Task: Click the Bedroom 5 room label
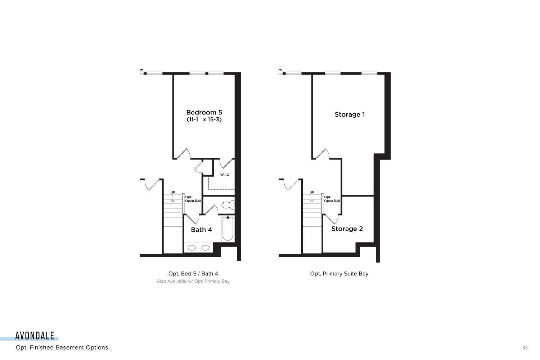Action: pos(204,112)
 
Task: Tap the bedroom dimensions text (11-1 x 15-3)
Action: pos(204,120)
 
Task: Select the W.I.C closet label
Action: pos(224,175)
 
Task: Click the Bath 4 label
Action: pos(201,230)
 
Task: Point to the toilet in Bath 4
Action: pos(228,205)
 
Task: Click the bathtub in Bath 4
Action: pos(228,228)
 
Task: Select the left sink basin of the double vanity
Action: pos(192,248)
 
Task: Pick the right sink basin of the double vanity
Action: pos(206,248)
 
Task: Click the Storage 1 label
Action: pos(350,114)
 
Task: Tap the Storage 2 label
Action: pos(347,229)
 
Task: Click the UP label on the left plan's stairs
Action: pos(173,192)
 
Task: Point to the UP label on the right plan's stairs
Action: pos(312,192)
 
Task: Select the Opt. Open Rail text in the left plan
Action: pos(193,199)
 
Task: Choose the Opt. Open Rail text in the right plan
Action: pos(332,199)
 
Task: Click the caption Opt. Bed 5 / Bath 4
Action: pos(193,274)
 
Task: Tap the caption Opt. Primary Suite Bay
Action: pos(339,274)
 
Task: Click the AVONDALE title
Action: pos(35,336)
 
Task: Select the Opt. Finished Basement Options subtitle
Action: pos(62,347)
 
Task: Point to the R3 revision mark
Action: pos(525,348)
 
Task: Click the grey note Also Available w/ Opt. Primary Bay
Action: pos(193,281)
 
